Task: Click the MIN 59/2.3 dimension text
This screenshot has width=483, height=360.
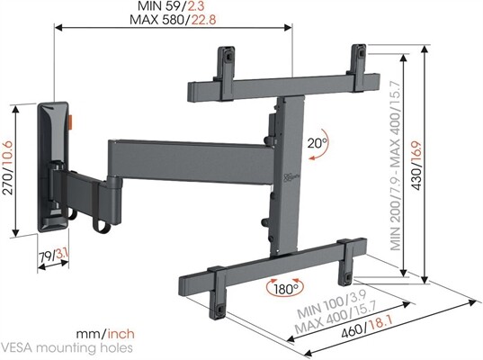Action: (173, 7)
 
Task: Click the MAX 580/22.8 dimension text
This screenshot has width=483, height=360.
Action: (173, 21)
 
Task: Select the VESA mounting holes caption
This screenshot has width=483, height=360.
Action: (67, 346)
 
